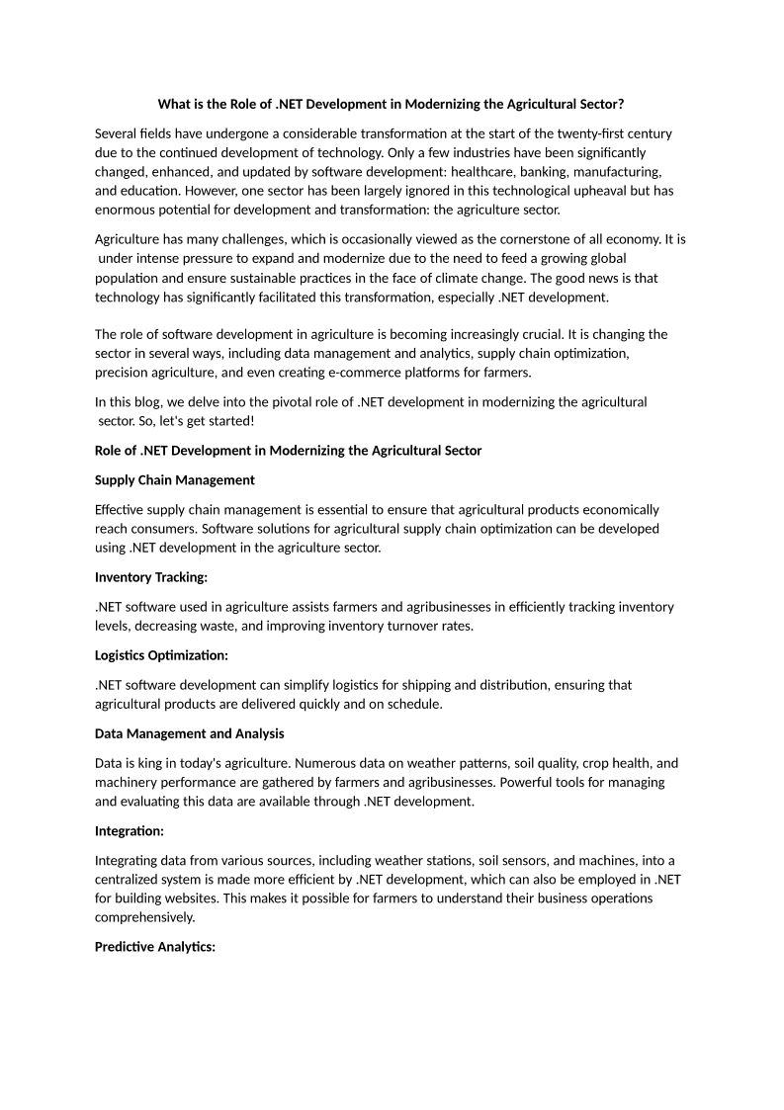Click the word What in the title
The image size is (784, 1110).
coord(175,104)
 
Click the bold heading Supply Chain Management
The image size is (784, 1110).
coord(175,480)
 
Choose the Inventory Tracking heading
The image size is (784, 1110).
coord(151,577)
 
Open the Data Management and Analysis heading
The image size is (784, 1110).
coord(190,733)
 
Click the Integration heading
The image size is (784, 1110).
coord(130,831)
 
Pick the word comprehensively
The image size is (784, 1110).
coord(145,917)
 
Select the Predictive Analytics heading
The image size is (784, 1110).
coord(155,947)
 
